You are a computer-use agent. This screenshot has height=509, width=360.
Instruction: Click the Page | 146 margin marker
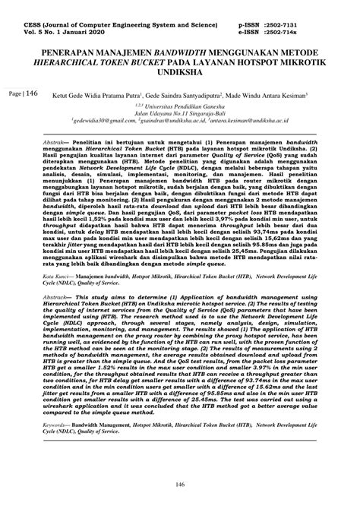[x=24, y=94]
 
